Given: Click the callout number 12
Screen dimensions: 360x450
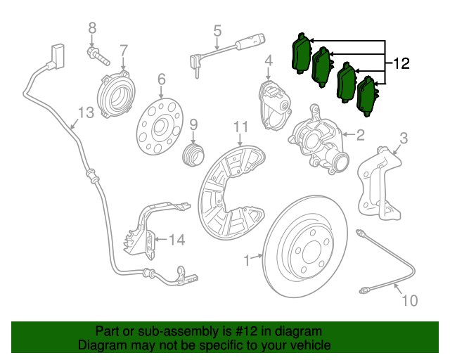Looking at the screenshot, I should (399, 64).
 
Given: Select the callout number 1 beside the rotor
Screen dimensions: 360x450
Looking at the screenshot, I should (247, 261).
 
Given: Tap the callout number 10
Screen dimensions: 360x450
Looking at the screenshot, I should (409, 301).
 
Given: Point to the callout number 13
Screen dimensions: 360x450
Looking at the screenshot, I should (84, 112).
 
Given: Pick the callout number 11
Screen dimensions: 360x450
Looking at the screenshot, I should (241, 127).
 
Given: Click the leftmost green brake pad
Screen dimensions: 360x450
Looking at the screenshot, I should (301, 53).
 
